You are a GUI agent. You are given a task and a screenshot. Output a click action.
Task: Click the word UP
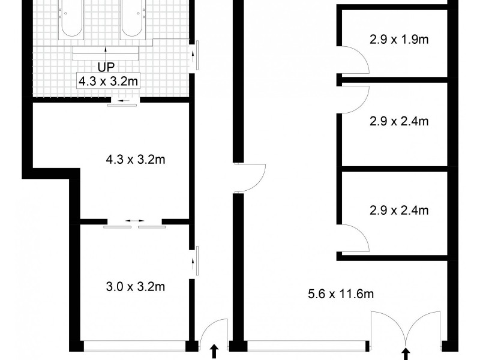pyautogui.click(x=106, y=67)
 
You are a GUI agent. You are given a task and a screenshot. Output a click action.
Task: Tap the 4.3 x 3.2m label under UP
pyautogui.click(x=108, y=81)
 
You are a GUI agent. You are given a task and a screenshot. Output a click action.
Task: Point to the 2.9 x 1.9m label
pyautogui.click(x=398, y=41)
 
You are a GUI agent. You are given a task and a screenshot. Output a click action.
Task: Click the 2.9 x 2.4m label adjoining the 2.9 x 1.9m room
pyautogui.click(x=398, y=122)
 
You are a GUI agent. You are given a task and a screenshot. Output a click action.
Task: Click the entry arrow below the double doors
pyautogui.click(x=406, y=353)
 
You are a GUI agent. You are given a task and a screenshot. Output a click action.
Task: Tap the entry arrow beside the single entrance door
pyautogui.click(x=214, y=352)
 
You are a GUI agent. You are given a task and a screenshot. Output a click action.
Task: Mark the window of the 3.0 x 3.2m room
pyautogui.click(x=134, y=345)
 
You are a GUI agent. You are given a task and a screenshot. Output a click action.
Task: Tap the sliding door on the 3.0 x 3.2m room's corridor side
pyautogui.click(x=194, y=263)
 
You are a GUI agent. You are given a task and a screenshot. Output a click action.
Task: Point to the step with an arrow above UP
pyautogui.click(x=106, y=53)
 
